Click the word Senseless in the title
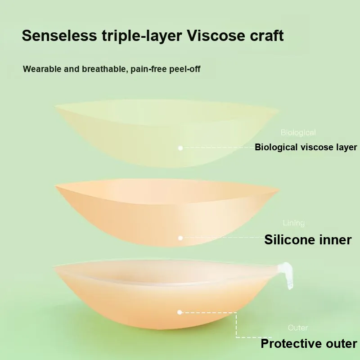(59, 36)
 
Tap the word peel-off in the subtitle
(185, 69)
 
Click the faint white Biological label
(298, 132)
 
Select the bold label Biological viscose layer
(306, 147)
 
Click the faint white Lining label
(294, 223)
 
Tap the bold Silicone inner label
(308, 240)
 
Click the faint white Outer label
(298, 328)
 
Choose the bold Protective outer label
(309, 344)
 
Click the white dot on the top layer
(180, 148)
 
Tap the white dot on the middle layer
(180, 238)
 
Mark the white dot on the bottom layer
(180, 312)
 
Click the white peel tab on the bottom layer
(287, 274)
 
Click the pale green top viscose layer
(166, 133)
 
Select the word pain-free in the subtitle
(149, 69)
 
